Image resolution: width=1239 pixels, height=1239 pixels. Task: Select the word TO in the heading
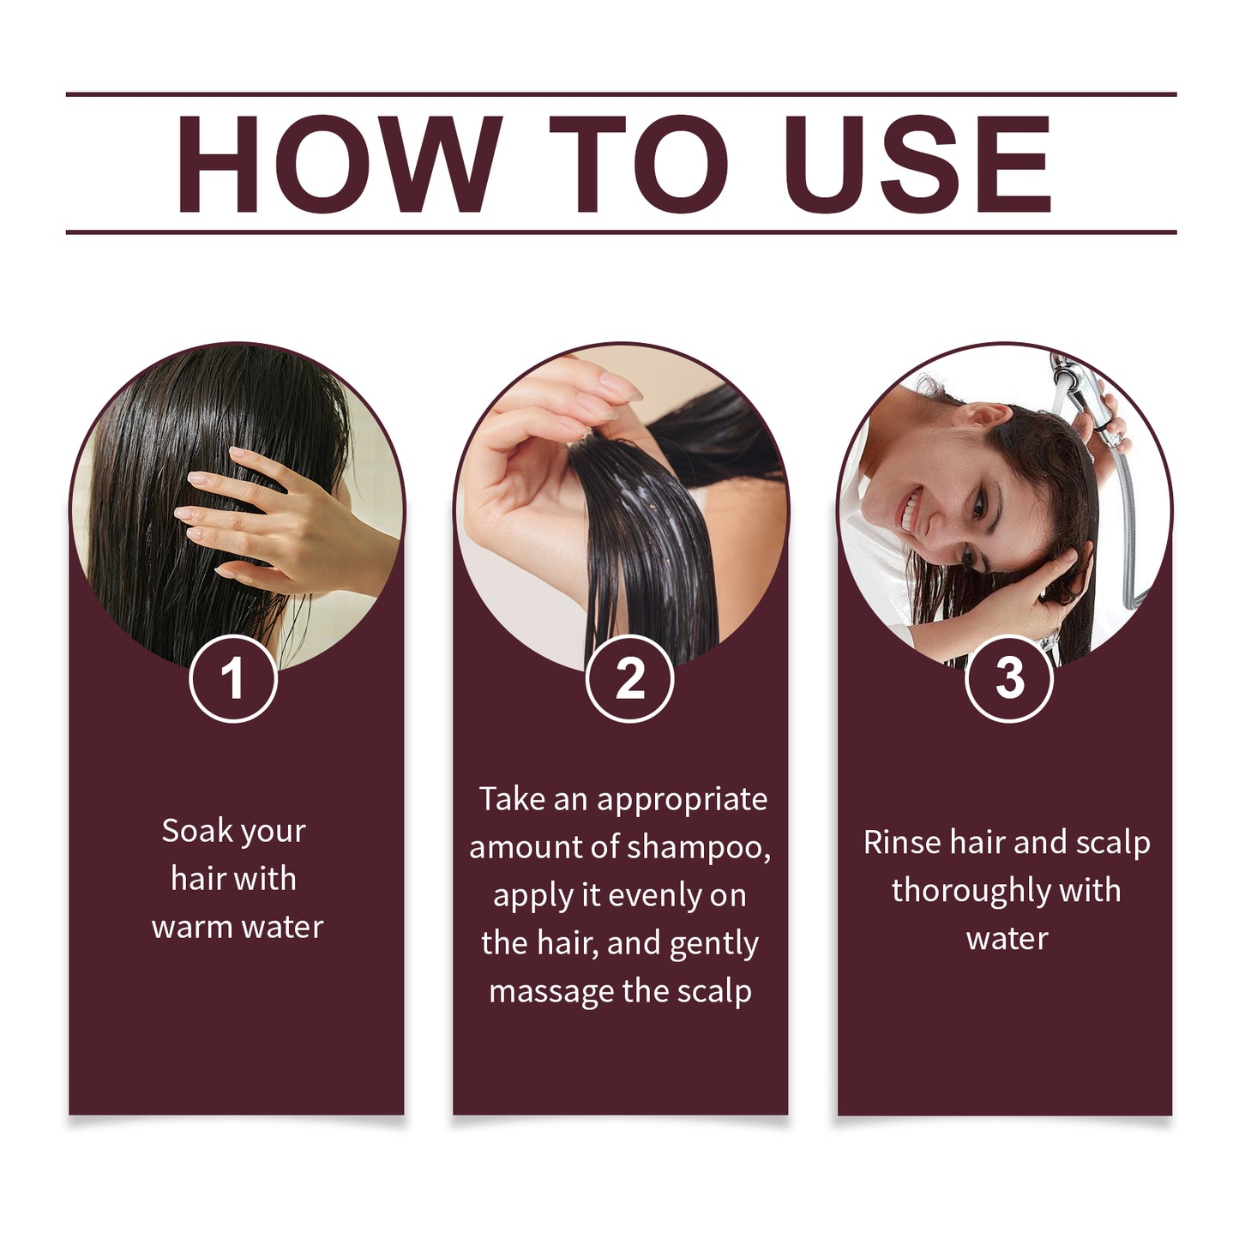638,163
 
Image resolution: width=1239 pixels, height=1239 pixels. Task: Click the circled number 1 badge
232,679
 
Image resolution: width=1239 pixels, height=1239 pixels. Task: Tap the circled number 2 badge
629,679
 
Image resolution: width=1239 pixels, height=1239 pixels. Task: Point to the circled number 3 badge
1008,679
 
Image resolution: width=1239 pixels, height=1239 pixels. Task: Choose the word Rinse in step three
902,843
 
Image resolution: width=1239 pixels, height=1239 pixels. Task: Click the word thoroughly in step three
970,891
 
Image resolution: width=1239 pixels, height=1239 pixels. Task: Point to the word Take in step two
512,799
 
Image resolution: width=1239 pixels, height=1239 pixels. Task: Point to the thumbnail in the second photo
618,388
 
